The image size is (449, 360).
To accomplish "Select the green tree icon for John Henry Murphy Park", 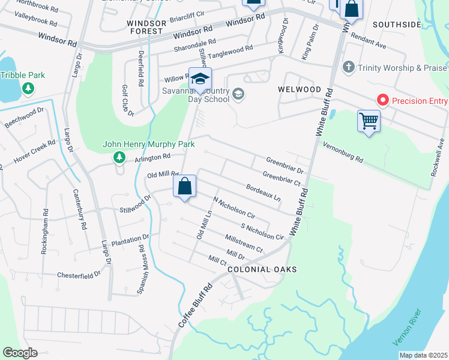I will [x=119, y=157].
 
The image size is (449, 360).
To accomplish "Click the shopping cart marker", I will [x=369, y=121].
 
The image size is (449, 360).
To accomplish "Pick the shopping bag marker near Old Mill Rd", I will [x=185, y=187].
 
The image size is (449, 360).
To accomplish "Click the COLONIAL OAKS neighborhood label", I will [x=262, y=270].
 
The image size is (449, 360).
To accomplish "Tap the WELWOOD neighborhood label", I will [x=300, y=89].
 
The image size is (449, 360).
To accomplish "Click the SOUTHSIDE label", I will [x=397, y=25].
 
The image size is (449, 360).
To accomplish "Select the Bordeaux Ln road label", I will [x=264, y=192].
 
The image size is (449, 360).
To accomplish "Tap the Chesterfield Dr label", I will [x=79, y=275].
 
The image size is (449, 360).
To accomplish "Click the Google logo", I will [x=20, y=353].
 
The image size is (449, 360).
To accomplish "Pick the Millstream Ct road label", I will [x=244, y=243].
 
